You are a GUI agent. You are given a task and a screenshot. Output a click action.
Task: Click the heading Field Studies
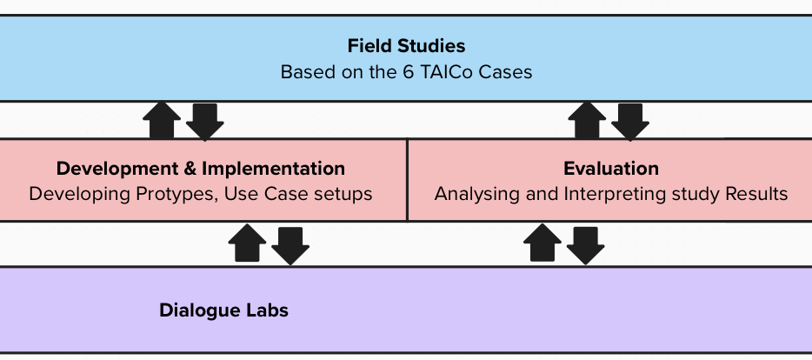[406, 46]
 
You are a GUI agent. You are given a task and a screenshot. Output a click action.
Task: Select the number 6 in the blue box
[408, 72]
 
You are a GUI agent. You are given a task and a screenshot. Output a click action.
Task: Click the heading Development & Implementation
[201, 169]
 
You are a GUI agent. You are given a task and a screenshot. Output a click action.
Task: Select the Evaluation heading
[611, 169]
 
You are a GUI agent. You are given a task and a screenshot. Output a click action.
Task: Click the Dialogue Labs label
[223, 310]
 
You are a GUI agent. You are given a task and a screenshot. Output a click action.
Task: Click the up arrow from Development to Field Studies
[162, 120]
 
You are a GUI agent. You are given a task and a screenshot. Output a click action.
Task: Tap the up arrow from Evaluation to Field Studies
[587, 120]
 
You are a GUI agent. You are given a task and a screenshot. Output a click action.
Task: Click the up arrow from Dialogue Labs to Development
[247, 243]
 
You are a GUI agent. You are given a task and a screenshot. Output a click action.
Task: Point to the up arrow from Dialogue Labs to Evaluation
[542, 243]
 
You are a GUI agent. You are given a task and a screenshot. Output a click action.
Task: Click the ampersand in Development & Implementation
[188, 169]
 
